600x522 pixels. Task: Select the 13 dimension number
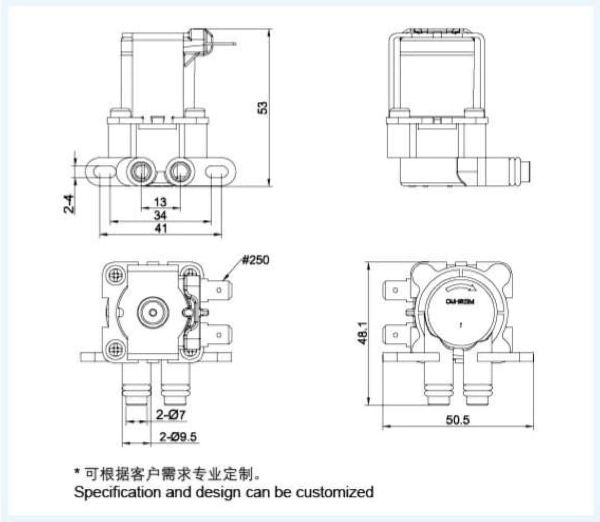tap(161, 201)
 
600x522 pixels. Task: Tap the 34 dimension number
tap(161, 215)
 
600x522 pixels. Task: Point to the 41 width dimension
tap(161, 228)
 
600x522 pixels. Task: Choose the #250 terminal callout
tap(256, 260)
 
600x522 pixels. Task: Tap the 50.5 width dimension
tap(457, 420)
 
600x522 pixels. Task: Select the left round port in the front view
tap(140, 170)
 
